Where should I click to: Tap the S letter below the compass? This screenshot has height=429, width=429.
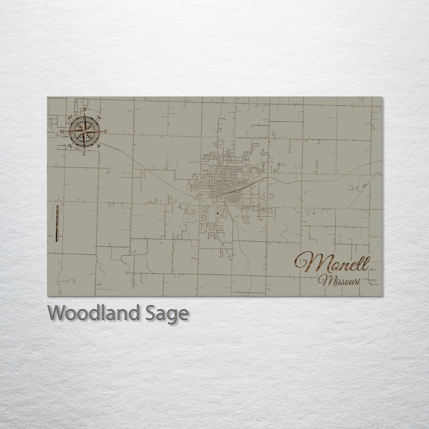pyautogui.click(x=84, y=153)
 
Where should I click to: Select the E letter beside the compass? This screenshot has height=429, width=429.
pyautogui.click(x=106, y=132)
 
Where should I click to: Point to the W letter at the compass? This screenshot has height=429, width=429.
pyautogui.click(x=63, y=131)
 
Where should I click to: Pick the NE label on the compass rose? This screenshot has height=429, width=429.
pyautogui.click(x=99, y=118)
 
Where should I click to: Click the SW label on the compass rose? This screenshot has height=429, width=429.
pyautogui.click(x=70, y=146)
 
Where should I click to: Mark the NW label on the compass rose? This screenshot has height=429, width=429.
pyautogui.click(x=71, y=117)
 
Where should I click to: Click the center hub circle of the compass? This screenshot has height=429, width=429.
pyautogui.click(x=85, y=131)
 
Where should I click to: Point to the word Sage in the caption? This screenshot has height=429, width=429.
pyautogui.click(x=171, y=313)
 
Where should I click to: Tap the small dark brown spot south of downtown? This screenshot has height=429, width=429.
pyautogui.click(x=219, y=213)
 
